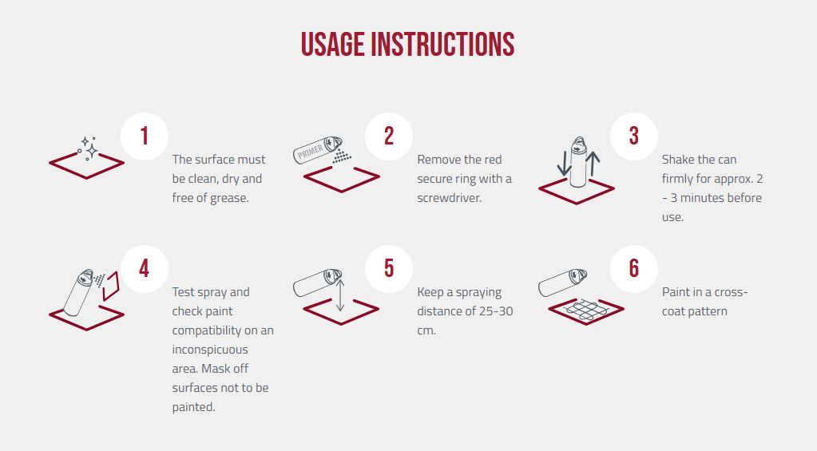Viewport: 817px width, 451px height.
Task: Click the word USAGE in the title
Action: [333, 44]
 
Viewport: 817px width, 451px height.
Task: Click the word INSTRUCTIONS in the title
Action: [442, 44]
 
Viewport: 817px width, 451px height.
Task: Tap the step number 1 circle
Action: [145, 136]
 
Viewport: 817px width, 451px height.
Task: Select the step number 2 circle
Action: [389, 136]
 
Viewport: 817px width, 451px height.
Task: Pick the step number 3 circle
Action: [633, 136]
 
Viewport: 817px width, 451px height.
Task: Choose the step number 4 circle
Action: [145, 269]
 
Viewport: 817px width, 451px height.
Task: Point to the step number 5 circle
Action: [389, 269]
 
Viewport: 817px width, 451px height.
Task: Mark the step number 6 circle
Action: [633, 269]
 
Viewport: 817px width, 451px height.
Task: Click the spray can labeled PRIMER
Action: [317, 149]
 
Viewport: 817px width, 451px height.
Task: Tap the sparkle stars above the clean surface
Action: [89, 147]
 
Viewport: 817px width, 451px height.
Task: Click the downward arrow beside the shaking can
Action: [565, 163]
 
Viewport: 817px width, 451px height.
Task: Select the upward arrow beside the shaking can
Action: [593, 163]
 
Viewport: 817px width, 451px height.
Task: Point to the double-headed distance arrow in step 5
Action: [340, 295]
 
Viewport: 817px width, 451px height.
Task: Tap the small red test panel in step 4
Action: [111, 287]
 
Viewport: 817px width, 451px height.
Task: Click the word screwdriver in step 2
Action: [449, 198]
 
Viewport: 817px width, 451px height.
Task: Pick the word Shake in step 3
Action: [678, 160]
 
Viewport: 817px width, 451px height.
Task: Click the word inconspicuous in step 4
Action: [210, 350]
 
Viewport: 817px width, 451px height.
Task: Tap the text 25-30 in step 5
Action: [493, 311]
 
